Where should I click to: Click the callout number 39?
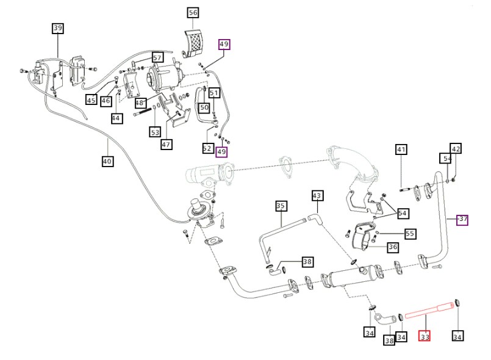tap(58, 28)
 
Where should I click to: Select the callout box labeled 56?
tap(193, 12)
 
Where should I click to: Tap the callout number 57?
tap(157, 58)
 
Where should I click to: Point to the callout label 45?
tap(91, 100)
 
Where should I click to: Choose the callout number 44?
tap(116, 118)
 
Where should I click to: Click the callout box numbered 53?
tap(155, 131)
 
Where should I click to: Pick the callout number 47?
tap(166, 145)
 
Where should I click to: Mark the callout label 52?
tap(207, 148)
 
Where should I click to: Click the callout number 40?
tap(107, 162)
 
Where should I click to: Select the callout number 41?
tap(401, 149)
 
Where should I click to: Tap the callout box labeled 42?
tap(456, 149)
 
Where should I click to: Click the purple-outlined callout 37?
tap(462, 220)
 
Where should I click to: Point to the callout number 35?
tap(281, 206)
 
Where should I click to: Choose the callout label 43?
tap(317, 196)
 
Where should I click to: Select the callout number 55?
tap(410, 234)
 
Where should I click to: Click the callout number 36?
tap(393, 247)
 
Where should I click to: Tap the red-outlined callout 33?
tap(424, 336)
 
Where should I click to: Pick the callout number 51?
tap(214, 93)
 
